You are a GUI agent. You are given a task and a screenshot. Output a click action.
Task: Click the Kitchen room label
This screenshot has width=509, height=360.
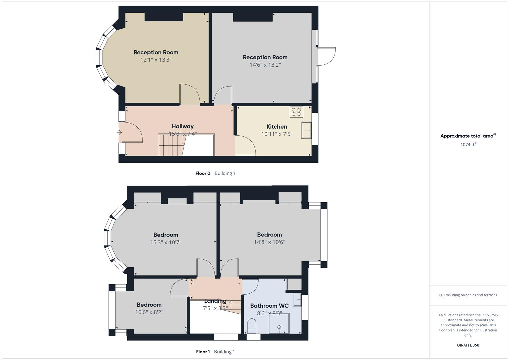pos(277,127)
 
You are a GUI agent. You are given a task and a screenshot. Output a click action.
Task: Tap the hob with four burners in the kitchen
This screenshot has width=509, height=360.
pos(296,112)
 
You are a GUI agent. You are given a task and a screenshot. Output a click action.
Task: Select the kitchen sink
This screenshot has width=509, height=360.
pos(306,130)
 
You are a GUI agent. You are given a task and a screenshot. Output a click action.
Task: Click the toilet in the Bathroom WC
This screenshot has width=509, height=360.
pos(252,326)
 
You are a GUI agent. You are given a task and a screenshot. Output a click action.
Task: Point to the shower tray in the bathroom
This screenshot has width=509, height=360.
pos(279,323)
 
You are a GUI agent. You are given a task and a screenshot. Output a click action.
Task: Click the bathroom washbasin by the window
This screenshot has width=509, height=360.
pos(297,300)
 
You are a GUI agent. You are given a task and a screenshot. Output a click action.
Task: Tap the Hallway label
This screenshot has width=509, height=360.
pos(182,126)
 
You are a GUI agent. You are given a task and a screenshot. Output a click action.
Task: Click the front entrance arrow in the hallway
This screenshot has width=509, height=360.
pos(119,132)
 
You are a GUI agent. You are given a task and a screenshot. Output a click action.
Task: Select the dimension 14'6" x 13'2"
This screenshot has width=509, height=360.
pos(265,65)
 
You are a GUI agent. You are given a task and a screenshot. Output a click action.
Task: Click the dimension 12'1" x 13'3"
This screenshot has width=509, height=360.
pos(156,60)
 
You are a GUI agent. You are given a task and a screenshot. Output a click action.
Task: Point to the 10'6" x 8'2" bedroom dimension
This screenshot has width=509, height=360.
pos(149,312)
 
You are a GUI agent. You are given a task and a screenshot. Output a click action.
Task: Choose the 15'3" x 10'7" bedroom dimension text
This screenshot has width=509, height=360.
pos(166,242)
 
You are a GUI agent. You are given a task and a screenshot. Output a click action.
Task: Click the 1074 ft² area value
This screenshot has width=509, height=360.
pos(468,145)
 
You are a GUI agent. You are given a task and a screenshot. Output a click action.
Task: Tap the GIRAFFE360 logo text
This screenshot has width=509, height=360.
pos(468,345)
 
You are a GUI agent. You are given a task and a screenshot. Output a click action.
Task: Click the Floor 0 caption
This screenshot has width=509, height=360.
pos(203,173)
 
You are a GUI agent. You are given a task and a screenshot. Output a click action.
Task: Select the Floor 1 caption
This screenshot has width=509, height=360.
pos(203,352)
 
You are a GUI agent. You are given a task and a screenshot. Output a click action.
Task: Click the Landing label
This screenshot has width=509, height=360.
pos(215,301)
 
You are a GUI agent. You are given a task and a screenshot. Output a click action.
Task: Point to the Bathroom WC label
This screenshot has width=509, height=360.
pos(269,306)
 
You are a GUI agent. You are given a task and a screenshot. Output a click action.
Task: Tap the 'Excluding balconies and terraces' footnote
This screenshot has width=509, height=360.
pos(468,295)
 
